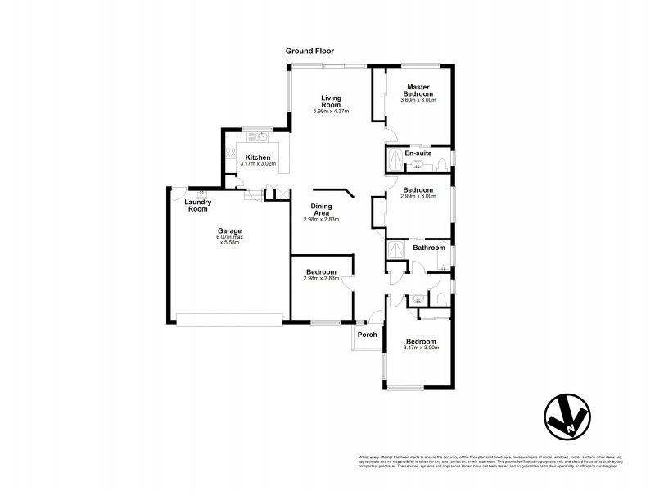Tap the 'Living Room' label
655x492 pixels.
click(x=330, y=101)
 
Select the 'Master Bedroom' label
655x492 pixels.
click(x=418, y=89)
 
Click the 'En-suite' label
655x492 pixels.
click(x=418, y=153)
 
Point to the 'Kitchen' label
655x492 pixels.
click(x=258, y=157)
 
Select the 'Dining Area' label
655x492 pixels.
click(x=321, y=210)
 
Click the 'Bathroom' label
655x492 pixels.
click(x=428, y=248)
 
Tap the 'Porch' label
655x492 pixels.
click(x=368, y=334)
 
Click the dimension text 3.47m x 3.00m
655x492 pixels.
click(x=422, y=348)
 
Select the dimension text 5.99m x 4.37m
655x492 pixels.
click(x=330, y=112)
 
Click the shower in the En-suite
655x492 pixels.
click(x=395, y=157)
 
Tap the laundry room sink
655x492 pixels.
click(x=200, y=194)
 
